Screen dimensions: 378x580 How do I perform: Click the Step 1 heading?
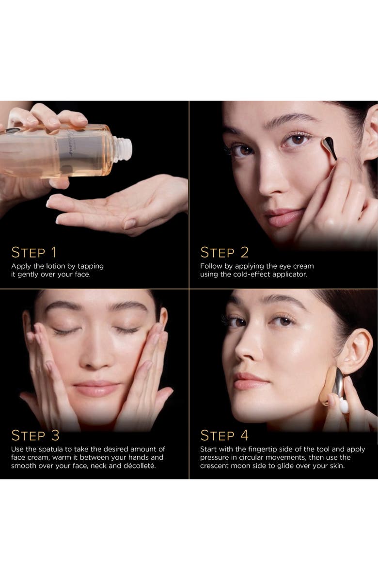pos(33,252)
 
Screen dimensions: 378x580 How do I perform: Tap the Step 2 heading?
pos(224,252)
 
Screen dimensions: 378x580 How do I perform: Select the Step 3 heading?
pos(35,435)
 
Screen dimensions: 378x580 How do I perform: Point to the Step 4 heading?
pos(224,435)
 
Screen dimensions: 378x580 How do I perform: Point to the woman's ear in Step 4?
pos(355,352)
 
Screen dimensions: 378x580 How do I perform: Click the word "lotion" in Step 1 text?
pos(55,266)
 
